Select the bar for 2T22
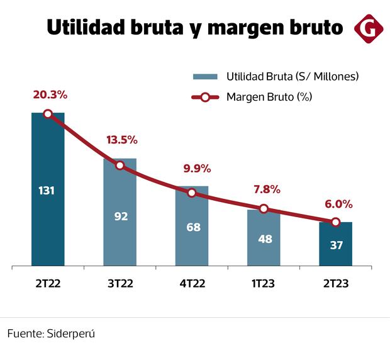coord(48,189)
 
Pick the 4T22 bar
coord(192,226)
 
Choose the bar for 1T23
coord(264,237)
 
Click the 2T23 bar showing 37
coord(336,244)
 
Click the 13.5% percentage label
coord(121,140)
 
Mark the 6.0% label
coord(338,204)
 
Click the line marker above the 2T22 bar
coord(48,114)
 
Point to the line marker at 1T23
coord(264,209)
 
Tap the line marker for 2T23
coord(336,222)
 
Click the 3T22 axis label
coord(120,283)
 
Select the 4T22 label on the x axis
coord(192,283)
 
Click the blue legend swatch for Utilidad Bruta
coord(205,77)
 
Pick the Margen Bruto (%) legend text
coord(269,97)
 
